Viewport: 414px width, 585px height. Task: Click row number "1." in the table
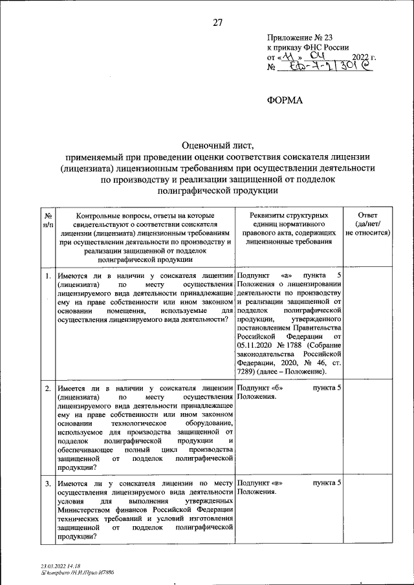49,277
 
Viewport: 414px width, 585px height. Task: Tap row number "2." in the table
49,388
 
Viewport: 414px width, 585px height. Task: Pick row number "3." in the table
49,484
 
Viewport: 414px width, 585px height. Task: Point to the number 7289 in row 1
248,372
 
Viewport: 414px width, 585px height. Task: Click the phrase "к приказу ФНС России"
308,48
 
